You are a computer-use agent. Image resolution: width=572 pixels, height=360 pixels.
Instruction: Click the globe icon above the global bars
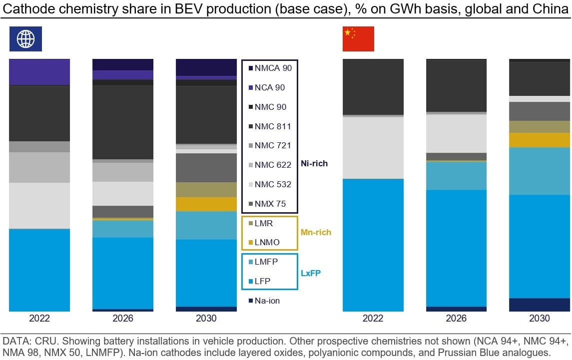coord(25,39)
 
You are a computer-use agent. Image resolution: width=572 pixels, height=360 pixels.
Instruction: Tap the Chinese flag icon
coord(358,39)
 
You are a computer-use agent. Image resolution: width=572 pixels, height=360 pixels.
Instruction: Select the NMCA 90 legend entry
coord(270,68)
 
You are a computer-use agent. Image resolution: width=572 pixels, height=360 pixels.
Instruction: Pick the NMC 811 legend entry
coord(270,126)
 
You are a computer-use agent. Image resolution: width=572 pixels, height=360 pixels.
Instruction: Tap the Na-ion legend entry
coord(265,301)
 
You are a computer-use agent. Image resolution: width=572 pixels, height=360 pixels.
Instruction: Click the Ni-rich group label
coord(314,163)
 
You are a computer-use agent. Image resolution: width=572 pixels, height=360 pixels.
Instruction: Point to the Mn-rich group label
coord(316,232)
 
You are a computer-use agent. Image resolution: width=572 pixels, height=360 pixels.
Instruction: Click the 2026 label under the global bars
coord(123,319)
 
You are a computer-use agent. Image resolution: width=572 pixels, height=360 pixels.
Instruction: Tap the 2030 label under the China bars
coord(539,319)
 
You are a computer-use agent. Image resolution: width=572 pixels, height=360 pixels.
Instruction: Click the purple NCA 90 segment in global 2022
coord(39,72)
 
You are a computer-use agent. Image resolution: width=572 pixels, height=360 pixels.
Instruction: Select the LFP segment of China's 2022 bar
coord(373,245)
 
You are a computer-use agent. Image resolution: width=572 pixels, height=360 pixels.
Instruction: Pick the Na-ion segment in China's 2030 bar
coord(539,305)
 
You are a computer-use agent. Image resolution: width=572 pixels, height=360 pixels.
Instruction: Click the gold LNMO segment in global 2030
coord(206,204)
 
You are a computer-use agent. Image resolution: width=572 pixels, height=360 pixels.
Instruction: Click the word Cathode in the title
coord(25,9)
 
